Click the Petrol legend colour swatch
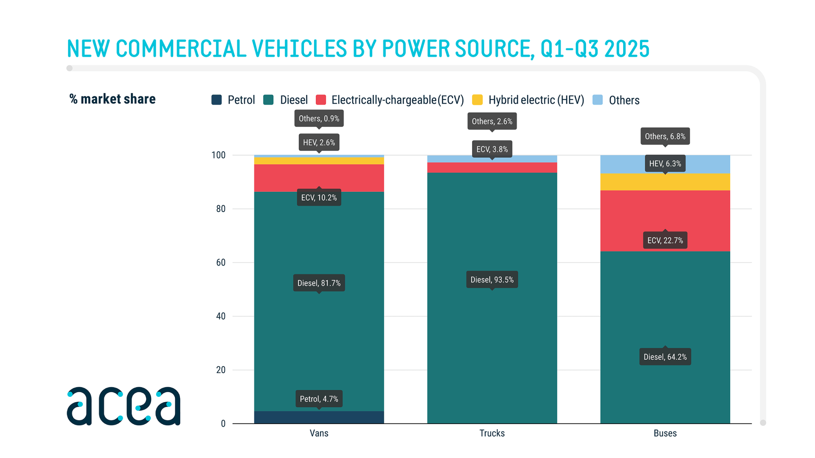point(216,100)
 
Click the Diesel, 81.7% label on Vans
point(319,283)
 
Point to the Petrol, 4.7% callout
point(319,399)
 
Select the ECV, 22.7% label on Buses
point(665,240)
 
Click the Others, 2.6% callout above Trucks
point(492,121)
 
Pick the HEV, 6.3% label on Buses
point(665,164)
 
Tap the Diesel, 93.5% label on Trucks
point(492,279)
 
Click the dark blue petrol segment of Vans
point(319,417)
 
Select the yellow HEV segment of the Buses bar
point(665,182)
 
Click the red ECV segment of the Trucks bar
point(492,168)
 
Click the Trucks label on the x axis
point(492,433)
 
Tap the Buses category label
point(665,433)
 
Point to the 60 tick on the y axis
point(221,263)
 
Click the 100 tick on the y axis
point(219,155)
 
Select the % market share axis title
point(112,99)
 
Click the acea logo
point(124,406)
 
